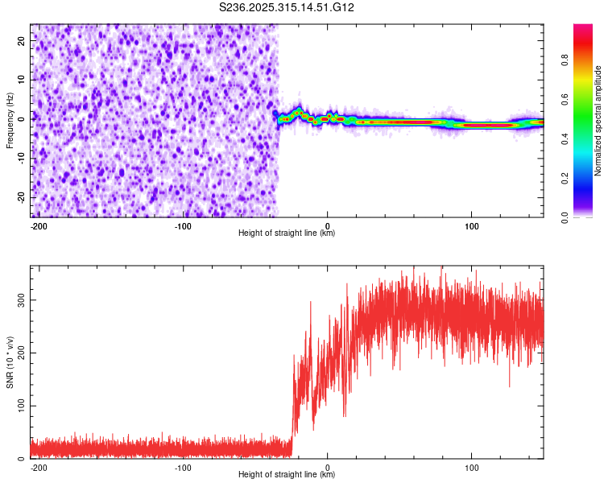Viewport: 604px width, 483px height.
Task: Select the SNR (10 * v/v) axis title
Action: point(10,362)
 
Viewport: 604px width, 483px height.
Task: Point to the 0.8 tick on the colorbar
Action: point(565,60)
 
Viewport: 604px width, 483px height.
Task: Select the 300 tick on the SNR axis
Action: point(19,299)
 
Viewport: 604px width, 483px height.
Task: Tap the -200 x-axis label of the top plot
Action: point(39,225)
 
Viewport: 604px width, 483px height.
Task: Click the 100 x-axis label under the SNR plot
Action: point(471,467)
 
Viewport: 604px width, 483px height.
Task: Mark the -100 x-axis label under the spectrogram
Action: point(183,225)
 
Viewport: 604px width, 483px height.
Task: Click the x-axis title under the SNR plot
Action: point(287,475)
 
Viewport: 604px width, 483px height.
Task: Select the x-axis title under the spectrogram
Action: point(287,233)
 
